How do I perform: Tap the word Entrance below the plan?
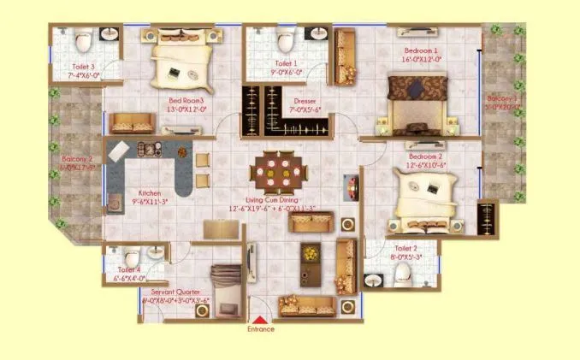(261, 329)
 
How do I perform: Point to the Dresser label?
(305, 102)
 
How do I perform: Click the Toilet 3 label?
(81, 66)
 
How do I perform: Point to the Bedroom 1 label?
(421, 51)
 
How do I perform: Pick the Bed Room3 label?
(187, 100)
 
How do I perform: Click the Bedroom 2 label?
(425, 157)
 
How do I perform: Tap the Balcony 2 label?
(78, 159)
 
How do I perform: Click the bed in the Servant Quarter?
(225, 287)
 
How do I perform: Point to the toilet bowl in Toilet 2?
(400, 272)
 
